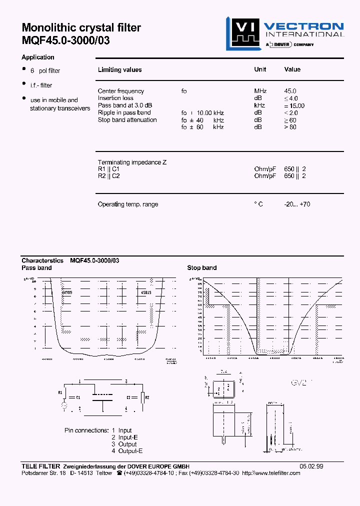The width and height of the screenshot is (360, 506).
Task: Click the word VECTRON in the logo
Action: [303, 26]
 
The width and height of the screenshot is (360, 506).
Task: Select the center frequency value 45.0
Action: [290, 91]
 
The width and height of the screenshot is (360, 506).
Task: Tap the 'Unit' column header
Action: [260, 69]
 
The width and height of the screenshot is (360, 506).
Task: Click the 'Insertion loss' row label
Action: [115, 98]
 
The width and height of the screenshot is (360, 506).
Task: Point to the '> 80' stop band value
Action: [290, 127]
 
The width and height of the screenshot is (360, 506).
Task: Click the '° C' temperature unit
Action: [258, 204]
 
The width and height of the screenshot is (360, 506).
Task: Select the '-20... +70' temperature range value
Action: [297, 204]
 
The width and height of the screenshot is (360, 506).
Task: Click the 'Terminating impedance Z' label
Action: [132, 162]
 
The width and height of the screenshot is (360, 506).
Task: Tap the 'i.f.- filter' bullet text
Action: [41, 85]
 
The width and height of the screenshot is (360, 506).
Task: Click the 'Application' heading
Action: [38, 57]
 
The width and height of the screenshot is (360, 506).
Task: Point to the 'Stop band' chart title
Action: [202, 268]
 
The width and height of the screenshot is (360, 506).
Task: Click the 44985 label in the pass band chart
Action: [66, 292]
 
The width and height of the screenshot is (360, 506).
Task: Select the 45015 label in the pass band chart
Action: [147, 292]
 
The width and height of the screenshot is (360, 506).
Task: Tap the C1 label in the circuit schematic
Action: [77, 397]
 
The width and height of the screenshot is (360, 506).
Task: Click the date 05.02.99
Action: [311, 466]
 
